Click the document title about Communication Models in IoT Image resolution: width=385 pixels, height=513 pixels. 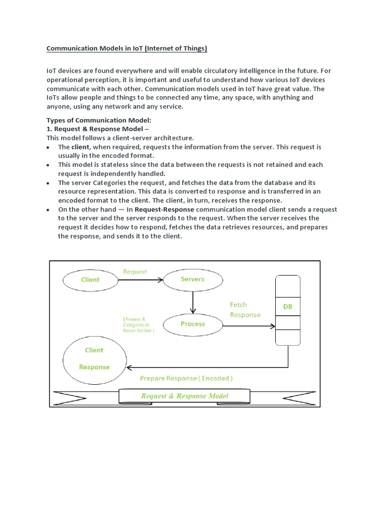pyautogui.click(x=126, y=49)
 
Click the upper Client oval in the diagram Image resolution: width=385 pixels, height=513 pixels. pyautogui.click(x=90, y=280)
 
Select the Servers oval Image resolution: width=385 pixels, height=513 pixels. pyautogui.click(x=192, y=279)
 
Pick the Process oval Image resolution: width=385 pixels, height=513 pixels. pyautogui.click(x=192, y=324)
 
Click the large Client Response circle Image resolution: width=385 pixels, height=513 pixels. pyautogui.click(x=94, y=359)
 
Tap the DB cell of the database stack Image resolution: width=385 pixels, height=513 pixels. pyautogui.click(x=287, y=307)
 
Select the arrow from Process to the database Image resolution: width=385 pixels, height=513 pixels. pyautogui.click(x=248, y=326)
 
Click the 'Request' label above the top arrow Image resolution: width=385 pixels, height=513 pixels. pyautogui.click(x=135, y=272)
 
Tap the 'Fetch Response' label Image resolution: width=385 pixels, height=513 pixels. pyautogui.click(x=245, y=310)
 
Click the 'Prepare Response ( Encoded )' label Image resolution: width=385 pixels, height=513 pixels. pyautogui.click(x=186, y=378)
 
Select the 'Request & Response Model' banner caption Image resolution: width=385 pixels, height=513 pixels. pyautogui.click(x=184, y=396)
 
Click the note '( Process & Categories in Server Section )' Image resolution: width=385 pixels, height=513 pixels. pyautogui.click(x=138, y=325)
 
